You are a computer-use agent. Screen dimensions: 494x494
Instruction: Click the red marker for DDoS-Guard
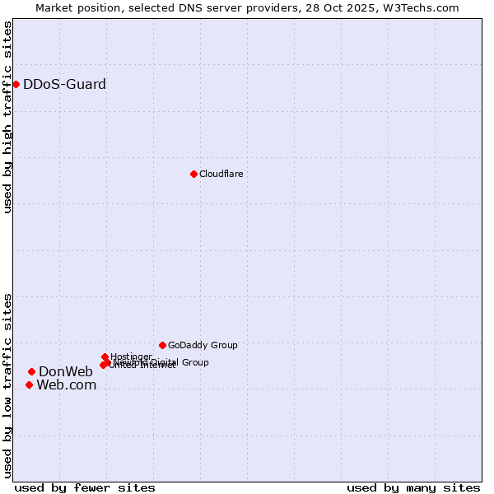16,84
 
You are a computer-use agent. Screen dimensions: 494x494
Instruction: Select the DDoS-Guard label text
64,84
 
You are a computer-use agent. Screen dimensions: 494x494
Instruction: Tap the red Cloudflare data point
193,174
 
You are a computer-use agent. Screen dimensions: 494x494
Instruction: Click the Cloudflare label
221,174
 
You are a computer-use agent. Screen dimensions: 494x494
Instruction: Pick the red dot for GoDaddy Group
162,345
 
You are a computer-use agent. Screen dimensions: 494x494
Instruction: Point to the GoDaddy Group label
203,345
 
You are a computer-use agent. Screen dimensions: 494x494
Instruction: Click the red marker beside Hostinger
105,357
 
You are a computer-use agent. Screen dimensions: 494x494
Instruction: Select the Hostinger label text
131,357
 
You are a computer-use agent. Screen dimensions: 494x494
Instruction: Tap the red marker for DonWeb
31,371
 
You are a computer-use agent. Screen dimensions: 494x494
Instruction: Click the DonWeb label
66,371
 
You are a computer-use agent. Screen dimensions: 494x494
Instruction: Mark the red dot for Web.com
29,384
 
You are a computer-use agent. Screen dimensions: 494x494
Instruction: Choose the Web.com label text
66,384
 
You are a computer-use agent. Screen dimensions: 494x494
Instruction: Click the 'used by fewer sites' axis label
85,487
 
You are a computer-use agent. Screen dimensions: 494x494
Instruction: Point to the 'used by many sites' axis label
413,487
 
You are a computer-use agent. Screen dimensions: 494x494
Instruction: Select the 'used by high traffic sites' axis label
7,117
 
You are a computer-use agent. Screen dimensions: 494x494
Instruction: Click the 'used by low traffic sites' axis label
7,385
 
